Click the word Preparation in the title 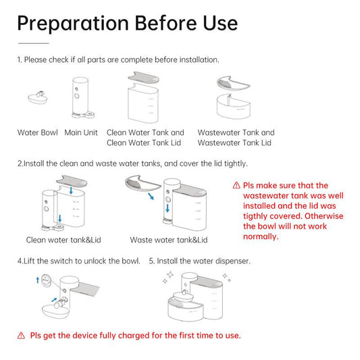[x=73, y=24]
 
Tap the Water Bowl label [x=38, y=132]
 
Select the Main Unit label [x=81, y=132]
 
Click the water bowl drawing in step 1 [x=38, y=98]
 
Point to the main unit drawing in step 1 [x=82, y=98]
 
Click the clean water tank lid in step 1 [x=143, y=78]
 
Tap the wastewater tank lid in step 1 [x=233, y=82]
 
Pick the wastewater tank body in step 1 [x=234, y=107]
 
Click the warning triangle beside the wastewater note [x=236, y=185]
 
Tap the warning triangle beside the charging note [x=21, y=336]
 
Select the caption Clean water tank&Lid [x=63, y=240]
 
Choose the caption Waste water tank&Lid [x=169, y=240]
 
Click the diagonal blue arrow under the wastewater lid [x=151, y=197]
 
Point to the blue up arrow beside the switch [x=38, y=280]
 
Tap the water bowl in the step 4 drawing [x=56, y=310]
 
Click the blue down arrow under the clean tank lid [x=71, y=190]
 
